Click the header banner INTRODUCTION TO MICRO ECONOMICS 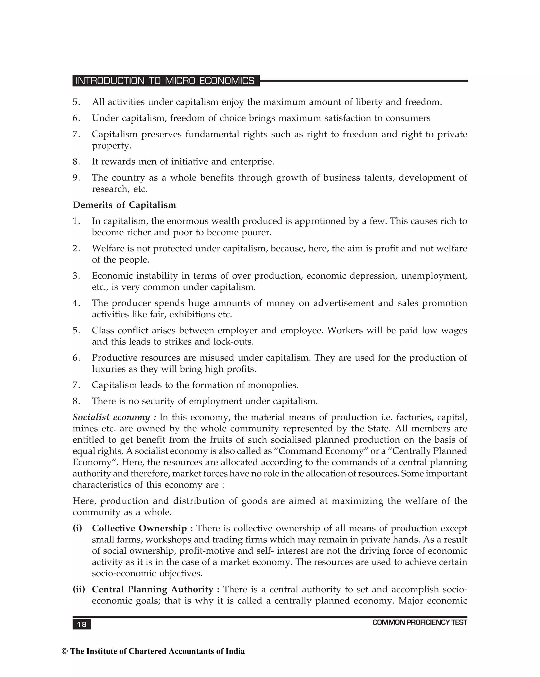coord(165,81)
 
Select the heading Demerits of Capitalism coord(124,205)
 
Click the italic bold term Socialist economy coord(111,417)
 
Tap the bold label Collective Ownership coord(139,528)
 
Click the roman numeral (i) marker coord(77,528)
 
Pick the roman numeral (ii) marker coord(79,590)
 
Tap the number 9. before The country coord(76,178)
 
